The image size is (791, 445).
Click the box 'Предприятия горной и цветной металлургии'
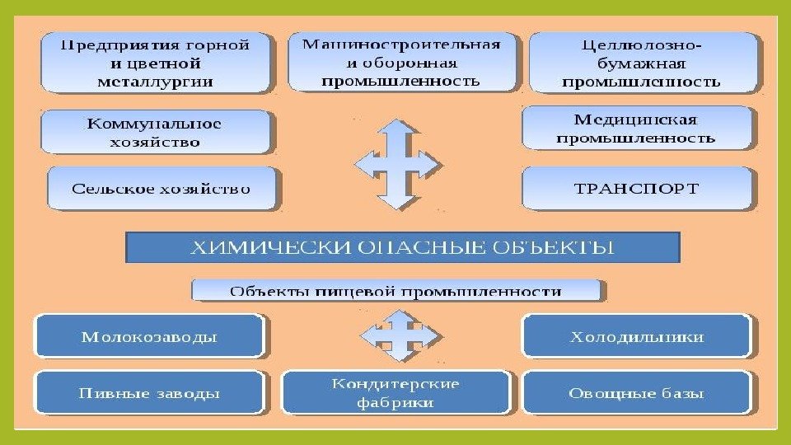(155, 63)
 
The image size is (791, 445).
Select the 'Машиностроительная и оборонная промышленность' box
(401, 62)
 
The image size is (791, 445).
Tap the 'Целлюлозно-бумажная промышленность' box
(642, 63)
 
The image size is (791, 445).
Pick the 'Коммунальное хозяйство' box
(155, 133)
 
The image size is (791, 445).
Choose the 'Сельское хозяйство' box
(161, 189)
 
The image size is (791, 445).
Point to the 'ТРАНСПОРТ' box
(636, 188)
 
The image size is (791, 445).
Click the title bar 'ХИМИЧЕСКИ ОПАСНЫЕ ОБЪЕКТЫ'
(402, 246)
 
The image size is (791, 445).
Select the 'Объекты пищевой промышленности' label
(396, 291)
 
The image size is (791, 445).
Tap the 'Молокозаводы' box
(149, 336)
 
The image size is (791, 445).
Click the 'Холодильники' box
(636, 336)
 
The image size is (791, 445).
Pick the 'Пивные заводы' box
(149, 393)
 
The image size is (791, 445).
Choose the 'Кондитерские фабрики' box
(395, 393)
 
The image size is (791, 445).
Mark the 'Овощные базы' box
(636, 393)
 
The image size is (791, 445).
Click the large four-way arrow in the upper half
(397, 163)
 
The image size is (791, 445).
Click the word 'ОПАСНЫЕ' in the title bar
(433, 246)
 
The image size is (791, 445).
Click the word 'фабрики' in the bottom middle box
(395, 403)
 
